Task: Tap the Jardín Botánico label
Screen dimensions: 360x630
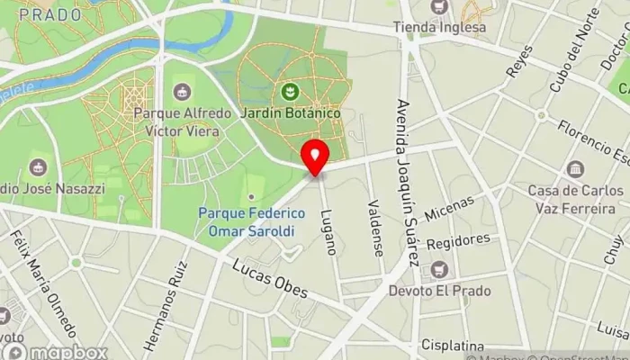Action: (290, 113)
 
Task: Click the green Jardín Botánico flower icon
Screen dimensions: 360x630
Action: (290, 92)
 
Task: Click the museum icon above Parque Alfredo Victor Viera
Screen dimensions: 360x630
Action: (183, 92)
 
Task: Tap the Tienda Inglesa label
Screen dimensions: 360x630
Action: (439, 27)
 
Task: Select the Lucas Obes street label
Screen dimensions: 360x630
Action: (270, 279)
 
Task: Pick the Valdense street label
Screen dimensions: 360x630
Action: (375, 229)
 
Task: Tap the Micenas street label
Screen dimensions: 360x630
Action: (449, 212)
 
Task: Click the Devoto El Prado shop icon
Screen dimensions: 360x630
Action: (439, 268)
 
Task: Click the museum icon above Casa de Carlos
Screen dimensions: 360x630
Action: (575, 169)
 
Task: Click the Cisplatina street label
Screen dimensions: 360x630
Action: (452, 346)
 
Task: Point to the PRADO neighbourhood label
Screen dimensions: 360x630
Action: (49, 14)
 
